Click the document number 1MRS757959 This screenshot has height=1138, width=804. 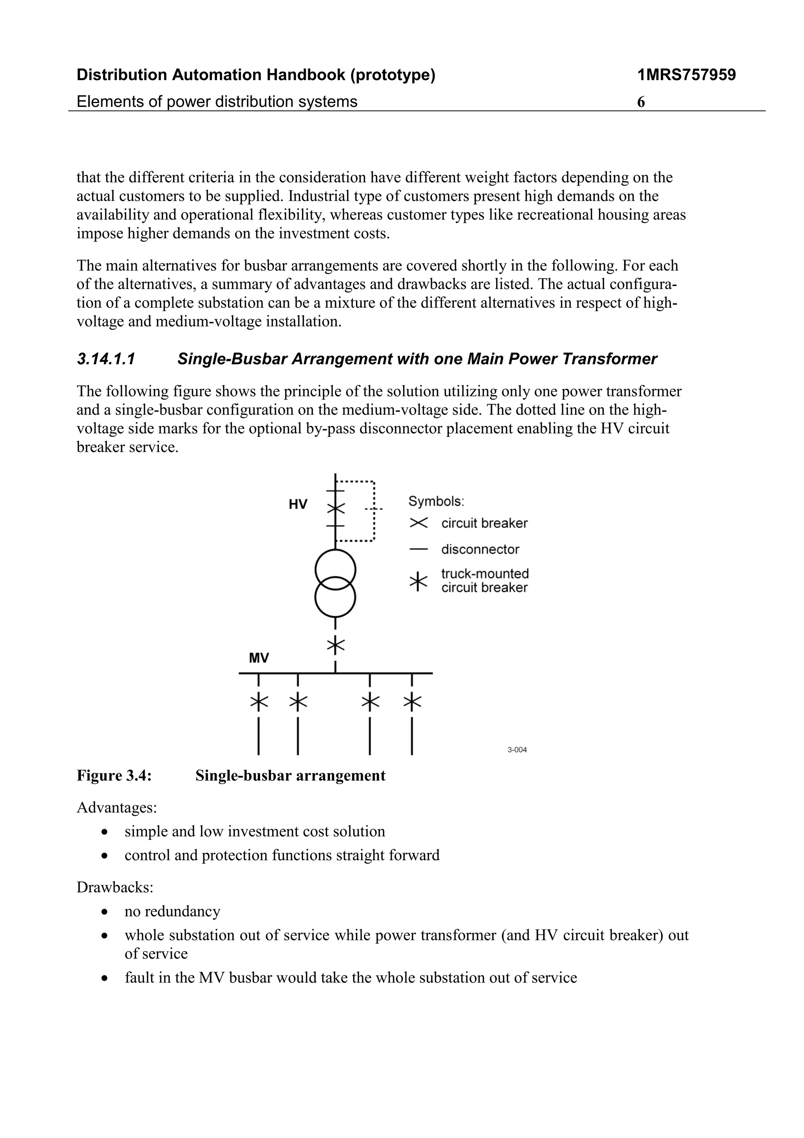[x=686, y=75]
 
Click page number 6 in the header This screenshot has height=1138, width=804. [x=641, y=102]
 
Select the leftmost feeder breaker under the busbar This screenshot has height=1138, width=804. [x=259, y=702]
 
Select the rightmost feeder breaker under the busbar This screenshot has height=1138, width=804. [x=412, y=702]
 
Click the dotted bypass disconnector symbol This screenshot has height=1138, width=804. [x=373, y=509]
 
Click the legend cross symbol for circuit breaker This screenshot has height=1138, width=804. [x=418, y=523]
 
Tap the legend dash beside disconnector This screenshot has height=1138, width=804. [x=418, y=549]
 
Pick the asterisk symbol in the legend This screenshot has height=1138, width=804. [x=418, y=581]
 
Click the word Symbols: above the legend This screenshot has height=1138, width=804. [x=436, y=501]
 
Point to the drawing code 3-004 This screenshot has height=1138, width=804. [x=517, y=750]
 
